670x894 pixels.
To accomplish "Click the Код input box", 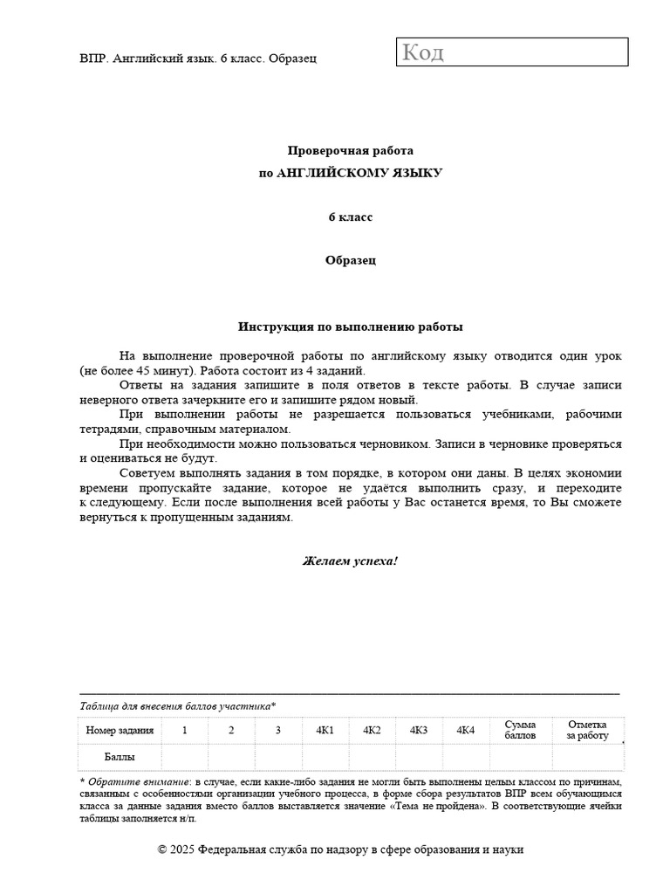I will tap(513, 52).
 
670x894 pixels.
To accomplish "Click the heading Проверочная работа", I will tap(350, 150).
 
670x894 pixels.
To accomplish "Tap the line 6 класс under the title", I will tap(350, 217).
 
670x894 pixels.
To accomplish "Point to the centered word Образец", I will tap(350, 260).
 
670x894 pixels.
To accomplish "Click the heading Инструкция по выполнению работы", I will tap(350, 327).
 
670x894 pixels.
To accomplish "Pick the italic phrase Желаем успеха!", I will tap(350, 560).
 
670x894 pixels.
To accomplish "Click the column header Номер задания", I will tap(120, 730).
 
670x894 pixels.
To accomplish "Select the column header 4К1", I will tap(325, 730).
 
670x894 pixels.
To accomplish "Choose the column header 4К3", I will tap(419, 730).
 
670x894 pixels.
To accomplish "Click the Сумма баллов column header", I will tap(520, 730).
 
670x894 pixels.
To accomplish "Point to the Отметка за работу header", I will tap(587, 730).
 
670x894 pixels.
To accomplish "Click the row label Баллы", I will tap(120, 757).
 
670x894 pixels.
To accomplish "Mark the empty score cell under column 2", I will tap(231, 757).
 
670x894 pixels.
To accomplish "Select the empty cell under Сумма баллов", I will tap(520, 757).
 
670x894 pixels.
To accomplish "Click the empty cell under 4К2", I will tap(372, 757).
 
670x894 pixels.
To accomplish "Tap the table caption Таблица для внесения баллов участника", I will tap(177, 706).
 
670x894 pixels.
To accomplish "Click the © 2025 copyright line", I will tap(341, 849).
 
